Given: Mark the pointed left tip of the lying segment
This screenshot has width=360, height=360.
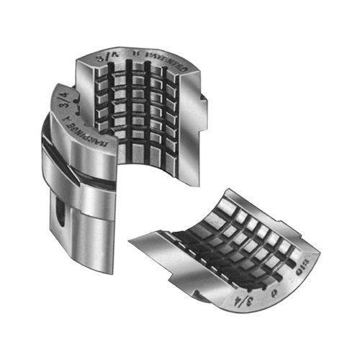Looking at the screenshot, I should point(130,238).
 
